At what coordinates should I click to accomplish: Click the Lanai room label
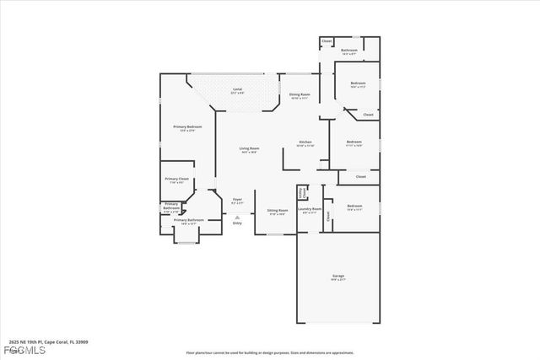(x=238, y=88)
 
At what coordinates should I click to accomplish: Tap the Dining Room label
(x=300, y=95)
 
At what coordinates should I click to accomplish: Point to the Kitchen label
(x=305, y=142)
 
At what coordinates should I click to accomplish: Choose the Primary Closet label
(x=177, y=179)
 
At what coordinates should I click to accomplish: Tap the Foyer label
(x=238, y=199)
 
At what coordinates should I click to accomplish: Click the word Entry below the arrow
(x=237, y=223)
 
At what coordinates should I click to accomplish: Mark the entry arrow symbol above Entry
(x=237, y=216)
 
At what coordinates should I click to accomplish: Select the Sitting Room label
(x=278, y=210)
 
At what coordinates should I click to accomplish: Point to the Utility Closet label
(x=302, y=193)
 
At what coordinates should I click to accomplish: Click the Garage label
(x=337, y=277)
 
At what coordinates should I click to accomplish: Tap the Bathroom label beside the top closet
(x=349, y=51)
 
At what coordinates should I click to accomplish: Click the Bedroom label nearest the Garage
(x=354, y=206)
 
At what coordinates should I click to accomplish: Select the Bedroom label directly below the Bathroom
(x=358, y=83)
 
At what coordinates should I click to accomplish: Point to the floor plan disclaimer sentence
(x=270, y=352)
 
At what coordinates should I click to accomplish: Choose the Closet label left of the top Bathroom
(x=327, y=40)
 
